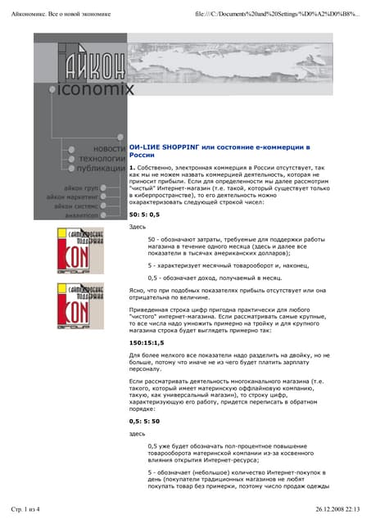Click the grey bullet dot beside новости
(x=73, y=150)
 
